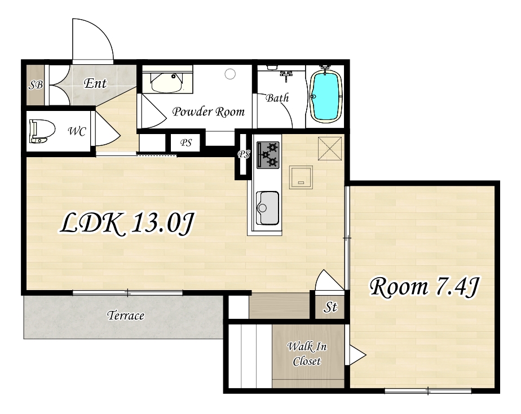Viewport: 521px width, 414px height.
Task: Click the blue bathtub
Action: [x=326, y=96]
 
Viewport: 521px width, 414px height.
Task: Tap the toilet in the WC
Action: [x=42, y=131]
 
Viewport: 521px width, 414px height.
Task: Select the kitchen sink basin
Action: [x=267, y=208]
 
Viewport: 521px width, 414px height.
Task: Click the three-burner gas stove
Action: [x=268, y=155]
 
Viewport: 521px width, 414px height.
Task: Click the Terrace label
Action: [x=126, y=315]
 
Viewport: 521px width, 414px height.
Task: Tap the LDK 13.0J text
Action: [x=127, y=224]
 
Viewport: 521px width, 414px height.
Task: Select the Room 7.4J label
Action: [x=425, y=287]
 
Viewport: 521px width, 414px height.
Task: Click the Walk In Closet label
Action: [x=307, y=354]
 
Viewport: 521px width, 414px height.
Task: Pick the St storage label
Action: [x=330, y=307]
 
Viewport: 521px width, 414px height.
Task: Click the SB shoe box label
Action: [x=36, y=85]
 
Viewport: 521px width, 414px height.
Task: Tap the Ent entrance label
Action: [x=95, y=83]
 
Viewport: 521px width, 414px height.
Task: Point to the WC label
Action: [x=77, y=131]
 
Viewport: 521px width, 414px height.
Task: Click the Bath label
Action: [x=277, y=97]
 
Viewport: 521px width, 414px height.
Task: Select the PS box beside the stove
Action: [x=244, y=154]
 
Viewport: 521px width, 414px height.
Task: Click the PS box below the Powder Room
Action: [x=186, y=143]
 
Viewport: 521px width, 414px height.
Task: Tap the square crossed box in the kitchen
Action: [x=330, y=149]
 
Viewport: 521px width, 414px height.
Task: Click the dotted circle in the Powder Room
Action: [x=230, y=74]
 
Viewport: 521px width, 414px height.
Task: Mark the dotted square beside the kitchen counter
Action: [x=301, y=177]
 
